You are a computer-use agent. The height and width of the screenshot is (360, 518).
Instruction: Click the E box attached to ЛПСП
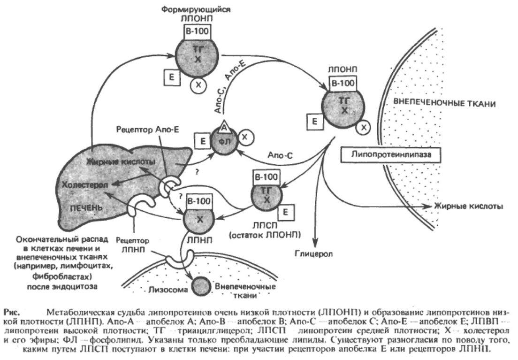click(285, 213)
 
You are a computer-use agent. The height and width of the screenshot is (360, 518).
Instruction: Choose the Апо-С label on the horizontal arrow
click(281, 154)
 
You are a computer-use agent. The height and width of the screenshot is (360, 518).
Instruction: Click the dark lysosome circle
click(201, 286)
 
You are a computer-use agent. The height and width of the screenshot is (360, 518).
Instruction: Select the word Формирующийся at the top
click(195, 8)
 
